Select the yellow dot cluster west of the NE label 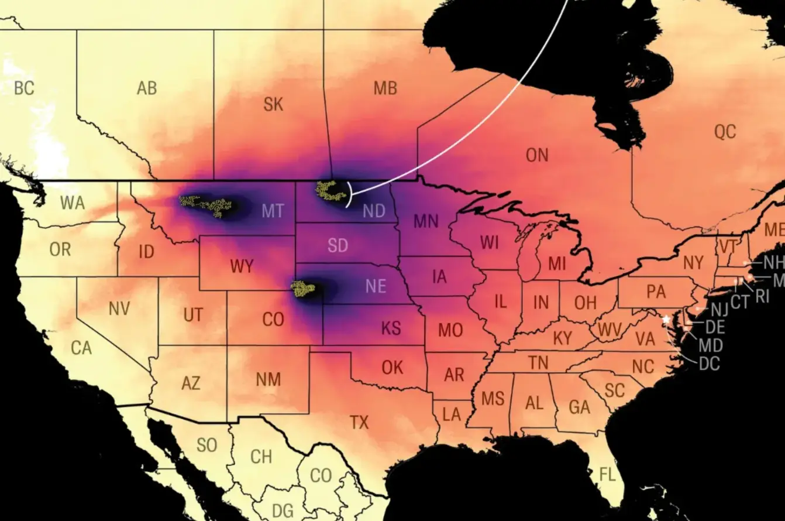tap(303, 289)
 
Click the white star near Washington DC tap(666, 320)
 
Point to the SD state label tap(338, 245)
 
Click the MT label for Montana tap(272, 211)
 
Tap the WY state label tap(242, 266)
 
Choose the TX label tap(360, 422)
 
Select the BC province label tap(24, 88)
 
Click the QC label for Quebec tap(725, 132)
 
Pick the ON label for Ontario tap(536, 155)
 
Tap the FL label tap(607, 475)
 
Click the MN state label tap(426, 221)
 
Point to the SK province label tap(273, 105)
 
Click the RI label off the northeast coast tap(762, 296)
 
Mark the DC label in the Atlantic tap(710, 364)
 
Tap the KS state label tap(391, 328)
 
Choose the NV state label tap(119, 309)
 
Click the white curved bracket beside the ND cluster tap(349, 194)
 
